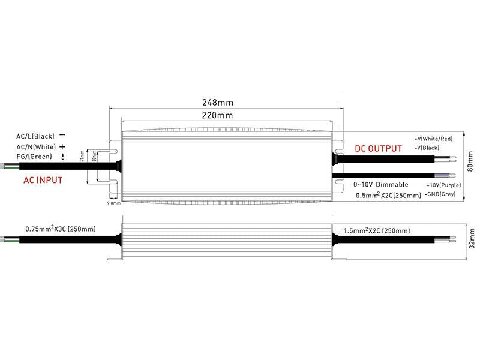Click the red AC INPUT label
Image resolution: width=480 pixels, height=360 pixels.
[43, 179]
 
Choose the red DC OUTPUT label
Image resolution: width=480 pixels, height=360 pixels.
[378, 148]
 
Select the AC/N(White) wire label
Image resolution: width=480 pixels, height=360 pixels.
[37, 146]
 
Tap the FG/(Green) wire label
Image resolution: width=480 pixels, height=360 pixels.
[35, 157]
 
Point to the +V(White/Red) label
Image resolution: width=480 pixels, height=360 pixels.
[434, 139]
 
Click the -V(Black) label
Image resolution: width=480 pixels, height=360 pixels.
[427, 148]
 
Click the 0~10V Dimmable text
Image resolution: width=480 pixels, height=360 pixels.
[381, 184]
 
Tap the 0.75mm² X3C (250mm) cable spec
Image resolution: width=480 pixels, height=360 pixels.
[61, 229]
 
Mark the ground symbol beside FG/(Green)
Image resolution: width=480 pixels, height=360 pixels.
[62, 157]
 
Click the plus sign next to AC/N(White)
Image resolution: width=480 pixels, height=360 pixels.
[62, 146]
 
